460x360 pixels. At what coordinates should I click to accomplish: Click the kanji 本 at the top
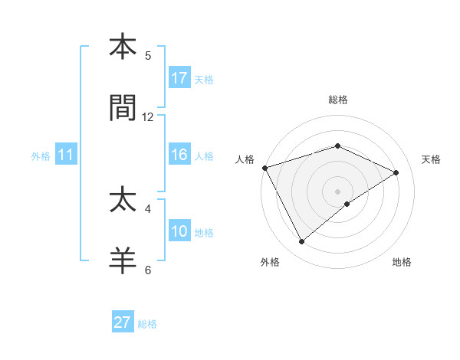(x=123, y=47)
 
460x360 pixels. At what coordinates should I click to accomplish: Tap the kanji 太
(x=123, y=201)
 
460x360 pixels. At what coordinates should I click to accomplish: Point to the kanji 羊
(x=123, y=260)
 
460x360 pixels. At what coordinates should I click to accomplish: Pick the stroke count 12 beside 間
(x=148, y=116)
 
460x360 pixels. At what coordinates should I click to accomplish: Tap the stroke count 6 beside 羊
(x=148, y=270)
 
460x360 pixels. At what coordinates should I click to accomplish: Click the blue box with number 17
(x=179, y=78)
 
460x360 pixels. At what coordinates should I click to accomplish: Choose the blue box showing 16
(x=179, y=155)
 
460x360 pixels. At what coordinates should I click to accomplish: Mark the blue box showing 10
(x=179, y=231)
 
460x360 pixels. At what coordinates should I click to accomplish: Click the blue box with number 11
(x=66, y=155)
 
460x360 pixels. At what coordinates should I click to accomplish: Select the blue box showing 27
(x=123, y=322)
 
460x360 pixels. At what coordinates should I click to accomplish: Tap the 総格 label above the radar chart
(x=338, y=100)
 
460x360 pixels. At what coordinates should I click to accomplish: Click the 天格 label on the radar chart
(x=432, y=159)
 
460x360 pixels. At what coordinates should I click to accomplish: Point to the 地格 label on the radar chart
(x=402, y=262)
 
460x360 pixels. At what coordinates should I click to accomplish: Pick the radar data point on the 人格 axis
(x=264, y=168)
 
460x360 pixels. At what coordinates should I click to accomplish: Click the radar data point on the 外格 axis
(x=302, y=242)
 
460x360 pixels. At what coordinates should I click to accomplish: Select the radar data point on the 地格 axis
(x=347, y=204)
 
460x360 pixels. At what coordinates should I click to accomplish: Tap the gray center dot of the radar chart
(x=338, y=191)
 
